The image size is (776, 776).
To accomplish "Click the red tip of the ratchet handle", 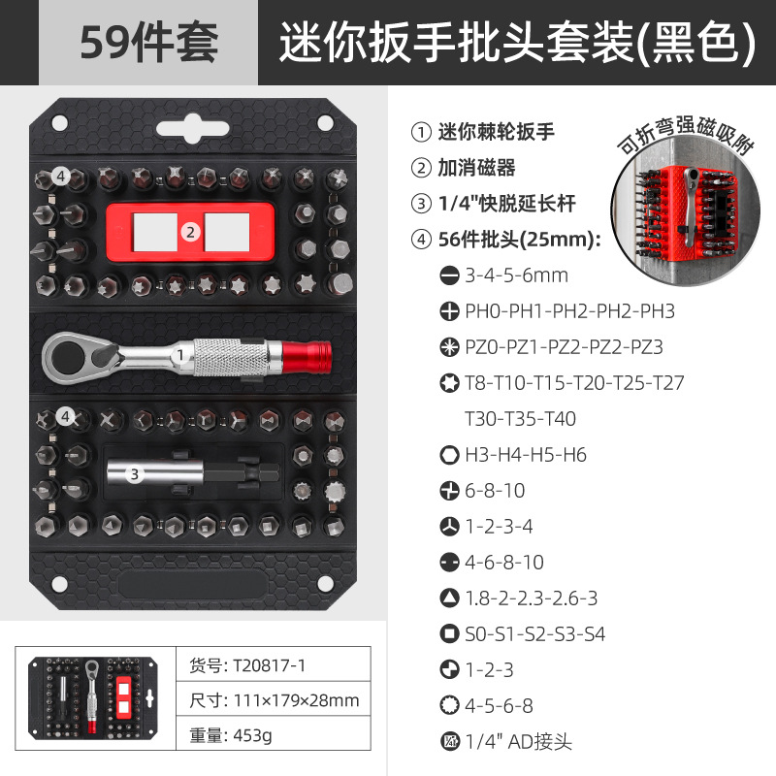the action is pos(307,356).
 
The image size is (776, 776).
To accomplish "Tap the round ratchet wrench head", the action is pos(64,356).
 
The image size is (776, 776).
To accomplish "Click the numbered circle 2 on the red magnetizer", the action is pos(190,232).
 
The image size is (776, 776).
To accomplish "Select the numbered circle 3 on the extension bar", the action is pos(134,474).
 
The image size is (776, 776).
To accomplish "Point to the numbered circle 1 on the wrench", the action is pos(180,355).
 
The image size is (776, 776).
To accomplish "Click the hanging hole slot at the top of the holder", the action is pos(192,129).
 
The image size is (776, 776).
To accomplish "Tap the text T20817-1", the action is pos(269,665).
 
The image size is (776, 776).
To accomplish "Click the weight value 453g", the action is pos(252,736).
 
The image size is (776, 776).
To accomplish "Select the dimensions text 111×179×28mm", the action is pos(296,700).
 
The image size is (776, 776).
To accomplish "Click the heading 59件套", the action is pos(149,43).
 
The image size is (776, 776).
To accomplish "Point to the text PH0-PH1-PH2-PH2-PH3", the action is pos(569,311).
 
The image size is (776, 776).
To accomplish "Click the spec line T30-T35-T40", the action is pos(520,419).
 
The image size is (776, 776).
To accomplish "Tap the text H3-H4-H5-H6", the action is pos(526,455).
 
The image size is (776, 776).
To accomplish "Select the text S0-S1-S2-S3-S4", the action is pos(535,634).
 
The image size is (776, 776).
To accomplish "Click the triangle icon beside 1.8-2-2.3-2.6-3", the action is pos(449,598).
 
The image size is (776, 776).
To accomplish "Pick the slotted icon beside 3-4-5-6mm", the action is pos(449,275).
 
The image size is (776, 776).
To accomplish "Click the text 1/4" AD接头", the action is pos(518,741).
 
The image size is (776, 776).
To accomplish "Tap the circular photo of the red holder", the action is pos(686,211).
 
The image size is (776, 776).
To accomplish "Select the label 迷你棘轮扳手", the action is pos(496,132).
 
